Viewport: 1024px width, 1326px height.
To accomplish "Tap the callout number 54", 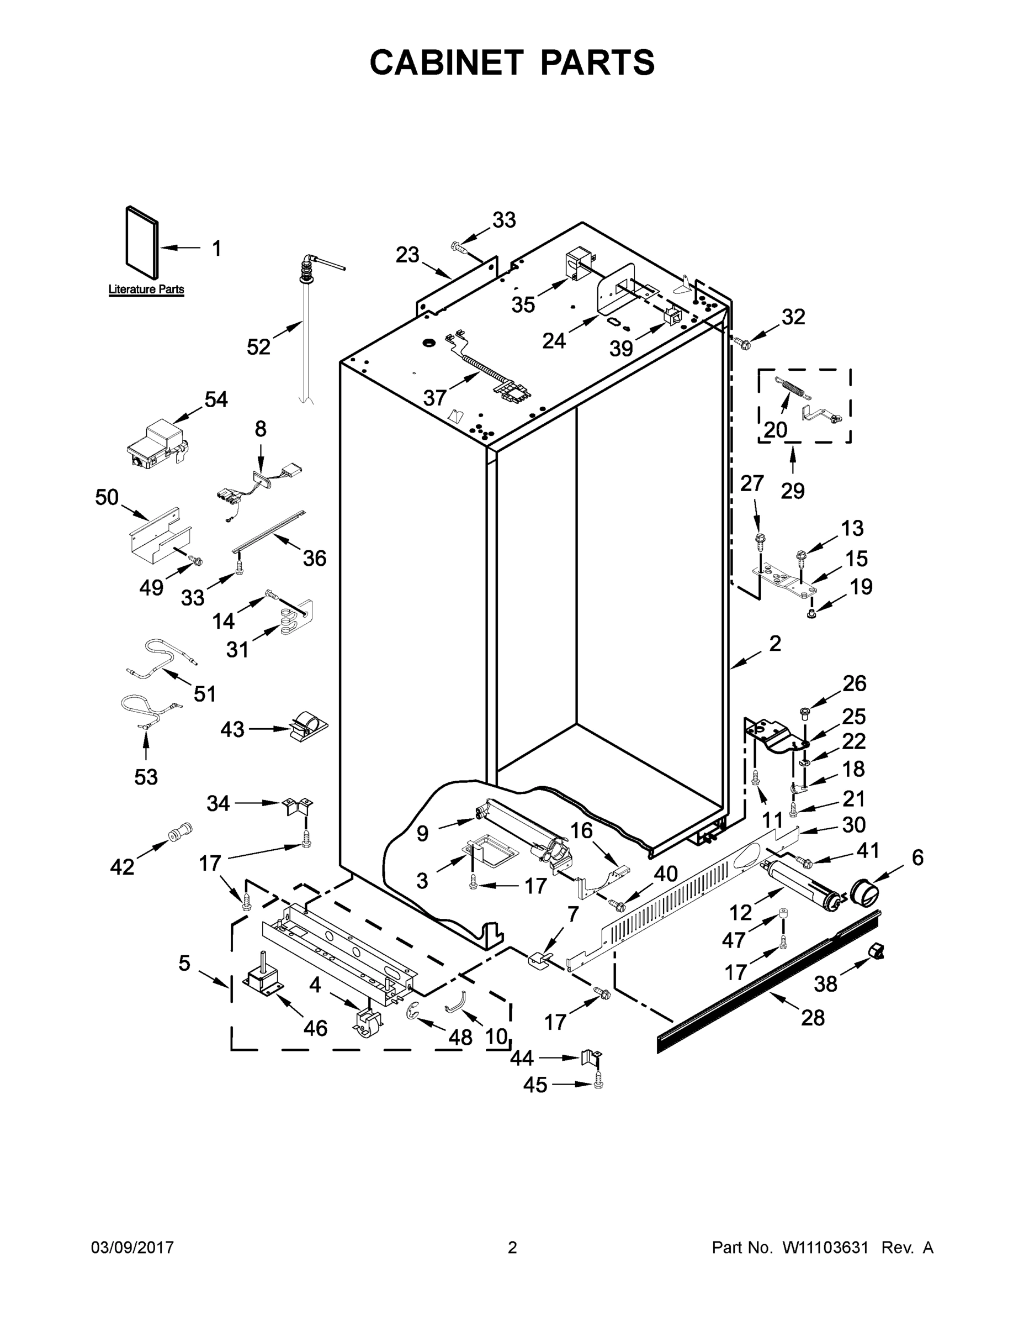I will coord(216,399).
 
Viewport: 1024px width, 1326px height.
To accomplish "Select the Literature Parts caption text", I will coord(146,290).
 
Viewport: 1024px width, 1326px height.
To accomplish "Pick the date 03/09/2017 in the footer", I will coord(132,1248).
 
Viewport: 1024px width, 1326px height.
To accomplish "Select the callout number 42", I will coord(122,867).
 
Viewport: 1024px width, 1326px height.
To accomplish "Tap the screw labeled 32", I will coord(742,344).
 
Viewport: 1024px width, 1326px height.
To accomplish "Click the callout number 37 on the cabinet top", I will coord(435,398).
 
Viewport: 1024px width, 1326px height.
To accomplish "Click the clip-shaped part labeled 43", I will coord(306,727).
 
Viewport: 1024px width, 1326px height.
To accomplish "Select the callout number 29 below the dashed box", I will coord(793,490).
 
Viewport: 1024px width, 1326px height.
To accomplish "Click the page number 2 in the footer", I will coord(512,1248).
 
